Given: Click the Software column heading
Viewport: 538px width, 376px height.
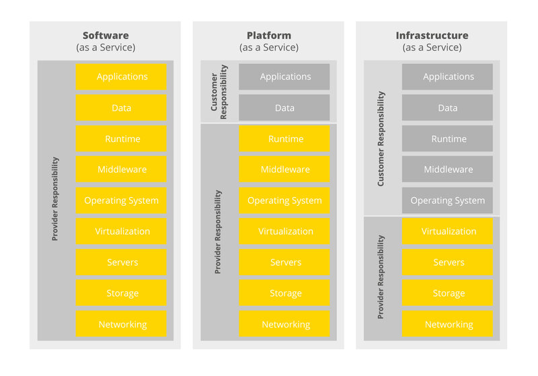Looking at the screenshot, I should click(x=106, y=36).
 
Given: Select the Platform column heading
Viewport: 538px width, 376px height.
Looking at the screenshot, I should click(x=269, y=36).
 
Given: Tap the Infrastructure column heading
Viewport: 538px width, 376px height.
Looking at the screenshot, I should click(x=432, y=36).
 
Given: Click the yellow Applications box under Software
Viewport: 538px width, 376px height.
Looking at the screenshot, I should click(x=121, y=77).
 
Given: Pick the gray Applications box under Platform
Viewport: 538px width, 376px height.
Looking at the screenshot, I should click(x=284, y=77).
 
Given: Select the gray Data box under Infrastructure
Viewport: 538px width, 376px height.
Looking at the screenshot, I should click(x=447, y=108).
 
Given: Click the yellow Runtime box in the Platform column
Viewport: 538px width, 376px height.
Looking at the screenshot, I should click(x=284, y=139).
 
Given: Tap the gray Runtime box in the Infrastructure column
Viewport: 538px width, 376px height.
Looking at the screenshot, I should click(x=447, y=139).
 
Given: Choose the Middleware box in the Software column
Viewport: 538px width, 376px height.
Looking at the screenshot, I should click(x=121, y=170).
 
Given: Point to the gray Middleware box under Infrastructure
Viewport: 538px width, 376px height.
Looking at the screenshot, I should click(x=447, y=170).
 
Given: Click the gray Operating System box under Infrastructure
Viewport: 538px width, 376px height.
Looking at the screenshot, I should click(x=447, y=200).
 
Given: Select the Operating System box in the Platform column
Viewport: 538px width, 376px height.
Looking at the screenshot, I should click(x=284, y=200).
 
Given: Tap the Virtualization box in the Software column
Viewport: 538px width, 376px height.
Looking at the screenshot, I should click(x=121, y=231).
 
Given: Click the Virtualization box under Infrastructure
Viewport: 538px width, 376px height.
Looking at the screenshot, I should click(x=447, y=231).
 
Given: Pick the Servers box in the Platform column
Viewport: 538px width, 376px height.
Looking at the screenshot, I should click(x=284, y=262).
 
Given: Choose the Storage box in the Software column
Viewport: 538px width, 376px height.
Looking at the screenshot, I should click(x=121, y=293).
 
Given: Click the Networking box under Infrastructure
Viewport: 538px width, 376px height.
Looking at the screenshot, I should click(x=447, y=324).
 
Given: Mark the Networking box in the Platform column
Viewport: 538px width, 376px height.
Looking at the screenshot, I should click(x=284, y=324).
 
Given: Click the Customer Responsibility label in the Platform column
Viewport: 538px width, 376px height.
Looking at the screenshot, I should click(x=219, y=92).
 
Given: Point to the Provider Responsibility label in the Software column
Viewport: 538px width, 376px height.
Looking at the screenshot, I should click(x=55, y=200).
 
